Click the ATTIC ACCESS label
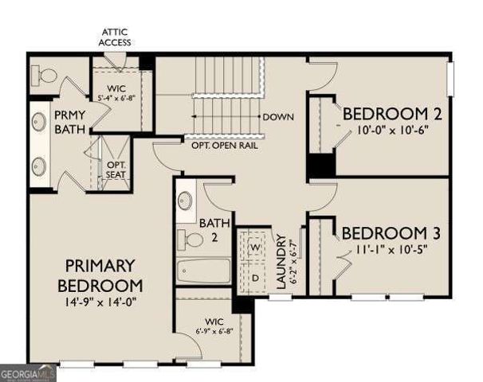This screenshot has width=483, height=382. pyautogui.click(x=116, y=37)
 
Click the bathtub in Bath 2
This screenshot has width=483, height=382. pyautogui.click(x=202, y=271)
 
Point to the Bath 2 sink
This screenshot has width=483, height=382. pyautogui.click(x=186, y=200)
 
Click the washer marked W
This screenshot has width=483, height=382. pyautogui.click(x=255, y=248)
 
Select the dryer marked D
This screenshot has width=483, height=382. pyautogui.click(x=255, y=278)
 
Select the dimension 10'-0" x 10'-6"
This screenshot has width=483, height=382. pyautogui.click(x=392, y=131)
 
